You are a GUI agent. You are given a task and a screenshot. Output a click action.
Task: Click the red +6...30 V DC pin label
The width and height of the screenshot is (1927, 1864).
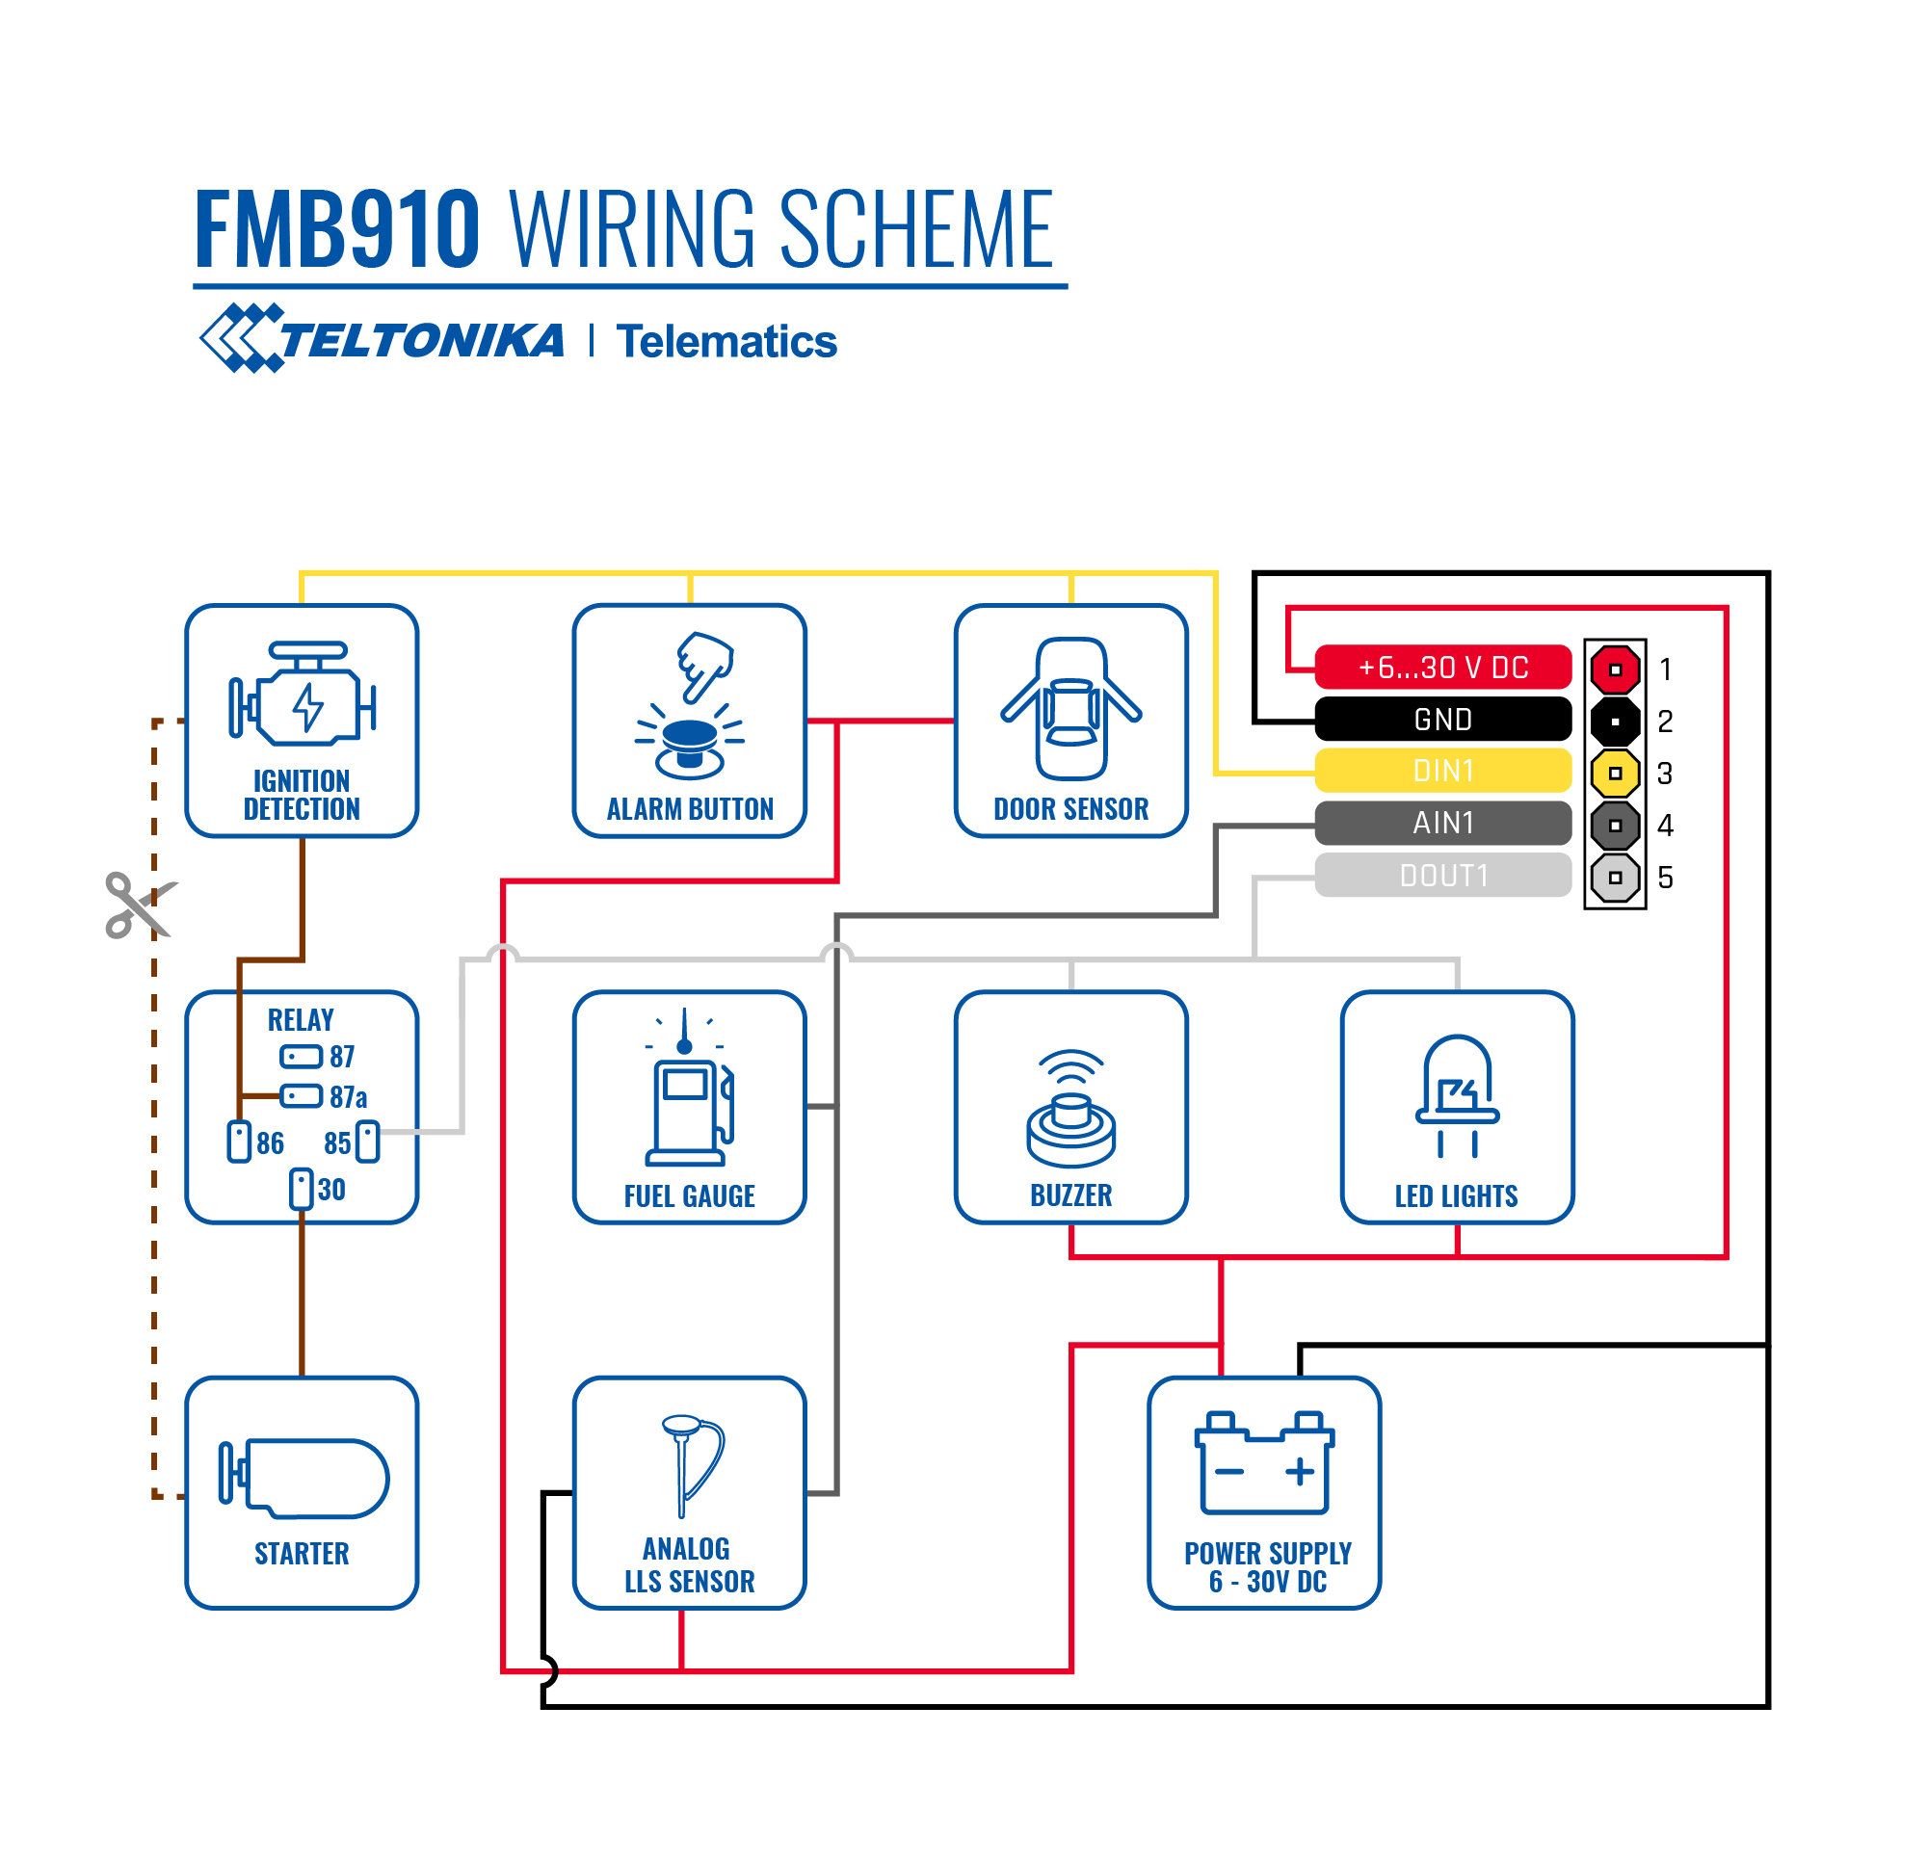click(x=1442, y=668)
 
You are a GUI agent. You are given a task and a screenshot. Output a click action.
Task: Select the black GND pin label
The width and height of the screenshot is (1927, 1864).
click(x=1442, y=720)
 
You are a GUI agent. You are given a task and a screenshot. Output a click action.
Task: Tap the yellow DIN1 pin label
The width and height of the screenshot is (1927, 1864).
click(x=1442, y=771)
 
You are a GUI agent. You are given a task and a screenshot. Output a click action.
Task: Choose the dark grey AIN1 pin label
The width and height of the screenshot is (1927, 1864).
click(x=1442, y=823)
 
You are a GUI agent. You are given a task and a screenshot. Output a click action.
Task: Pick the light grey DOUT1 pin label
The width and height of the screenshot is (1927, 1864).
click(x=1442, y=875)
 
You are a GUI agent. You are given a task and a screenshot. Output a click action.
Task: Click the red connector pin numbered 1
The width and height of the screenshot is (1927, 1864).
click(x=1615, y=669)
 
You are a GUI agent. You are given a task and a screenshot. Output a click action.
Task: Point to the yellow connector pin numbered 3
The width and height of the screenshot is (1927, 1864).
click(x=1615, y=774)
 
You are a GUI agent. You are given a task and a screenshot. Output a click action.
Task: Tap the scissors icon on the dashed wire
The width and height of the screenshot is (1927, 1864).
click(x=140, y=905)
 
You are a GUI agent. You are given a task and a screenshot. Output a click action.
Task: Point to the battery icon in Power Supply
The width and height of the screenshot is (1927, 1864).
click(x=1264, y=1463)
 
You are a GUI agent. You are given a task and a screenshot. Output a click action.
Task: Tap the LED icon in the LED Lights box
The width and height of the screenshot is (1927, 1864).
click(x=1457, y=1095)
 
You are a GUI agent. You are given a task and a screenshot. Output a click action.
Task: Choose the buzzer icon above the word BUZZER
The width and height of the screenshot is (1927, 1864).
click(x=1070, y=1109)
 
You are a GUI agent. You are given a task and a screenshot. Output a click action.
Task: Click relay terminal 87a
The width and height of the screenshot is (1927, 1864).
click(x=301, y=1096)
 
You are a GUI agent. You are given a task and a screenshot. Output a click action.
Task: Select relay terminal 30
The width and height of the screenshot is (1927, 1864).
click(x=301, y=1189)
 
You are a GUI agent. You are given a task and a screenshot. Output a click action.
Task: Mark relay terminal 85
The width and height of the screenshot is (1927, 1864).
click(x=368, y=1142)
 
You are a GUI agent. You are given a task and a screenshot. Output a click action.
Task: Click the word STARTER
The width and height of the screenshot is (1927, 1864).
click(x=302, y=1553)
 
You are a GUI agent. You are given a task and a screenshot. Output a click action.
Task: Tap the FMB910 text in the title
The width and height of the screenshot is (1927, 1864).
click(x=337, y=229)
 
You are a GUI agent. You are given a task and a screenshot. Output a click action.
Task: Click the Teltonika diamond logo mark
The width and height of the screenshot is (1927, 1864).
click(x=242, y=338)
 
